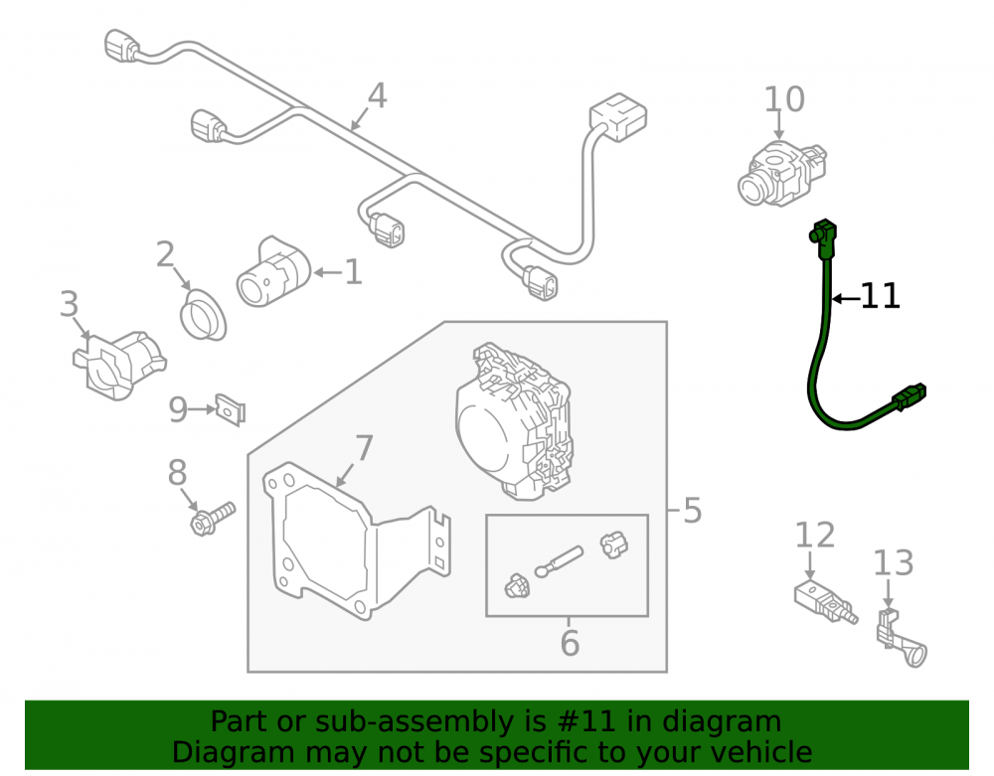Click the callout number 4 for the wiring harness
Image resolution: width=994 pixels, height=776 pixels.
coord(377,95)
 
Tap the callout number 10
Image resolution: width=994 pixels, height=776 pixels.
coord(784,99)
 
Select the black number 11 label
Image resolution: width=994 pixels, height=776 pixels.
coord(880,296)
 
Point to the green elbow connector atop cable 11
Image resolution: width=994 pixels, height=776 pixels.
coord(823,237)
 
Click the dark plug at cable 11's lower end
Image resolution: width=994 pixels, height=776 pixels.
coord(910,396)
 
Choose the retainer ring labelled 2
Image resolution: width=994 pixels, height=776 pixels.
coord(202,314)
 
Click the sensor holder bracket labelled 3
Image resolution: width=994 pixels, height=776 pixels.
coord(119,365)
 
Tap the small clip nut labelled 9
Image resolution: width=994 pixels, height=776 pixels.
coord(231,409)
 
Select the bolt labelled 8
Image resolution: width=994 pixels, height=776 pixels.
coord(213,519)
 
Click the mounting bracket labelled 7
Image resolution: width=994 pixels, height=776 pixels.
coord(356,541)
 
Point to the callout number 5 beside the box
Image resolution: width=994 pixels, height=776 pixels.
coord(692,511)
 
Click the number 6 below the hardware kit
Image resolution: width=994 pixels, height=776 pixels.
coord(570,643)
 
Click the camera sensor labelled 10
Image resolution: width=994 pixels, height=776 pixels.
coord(782,173)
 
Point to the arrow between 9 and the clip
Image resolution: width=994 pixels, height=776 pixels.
coord(203,409)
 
